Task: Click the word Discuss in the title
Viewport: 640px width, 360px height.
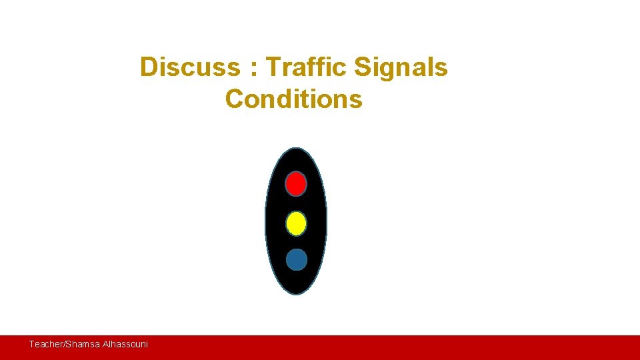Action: coord(189,67)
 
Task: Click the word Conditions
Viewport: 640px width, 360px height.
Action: coord(293,99)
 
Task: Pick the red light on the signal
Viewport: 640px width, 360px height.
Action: coord(296,183)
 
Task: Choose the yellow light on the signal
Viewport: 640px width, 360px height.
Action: coord(296,223)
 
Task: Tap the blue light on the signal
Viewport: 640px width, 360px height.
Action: coord(297,259)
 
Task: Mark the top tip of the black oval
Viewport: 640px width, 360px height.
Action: coord(296,149)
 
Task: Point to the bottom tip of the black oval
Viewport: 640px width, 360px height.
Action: coord(297,294)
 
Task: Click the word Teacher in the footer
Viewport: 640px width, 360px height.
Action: coord(45,344)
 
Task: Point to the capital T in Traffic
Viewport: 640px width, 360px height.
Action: coord(273,67)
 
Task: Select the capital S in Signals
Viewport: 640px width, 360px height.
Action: coord(362,67)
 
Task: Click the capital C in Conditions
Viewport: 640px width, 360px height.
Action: coord(235,99)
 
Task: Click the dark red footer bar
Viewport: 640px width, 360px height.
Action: coord(400,347)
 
